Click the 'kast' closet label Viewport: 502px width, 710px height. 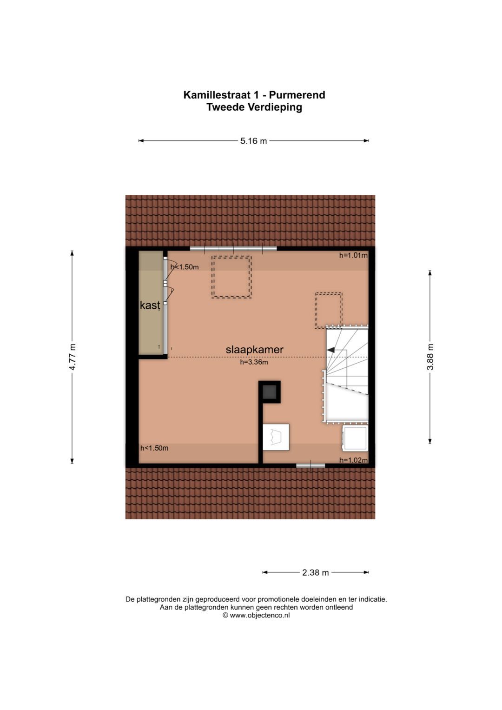coord(150,305)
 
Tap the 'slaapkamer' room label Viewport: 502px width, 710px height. coord(254,350)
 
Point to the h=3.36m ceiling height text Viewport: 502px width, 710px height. coord(254,362)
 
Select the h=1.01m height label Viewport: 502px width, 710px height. coord(353,255)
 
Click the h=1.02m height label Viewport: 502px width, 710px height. coord(353,460)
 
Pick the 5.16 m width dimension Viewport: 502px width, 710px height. coord(253,141)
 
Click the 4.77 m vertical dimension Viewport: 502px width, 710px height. coord(72,357)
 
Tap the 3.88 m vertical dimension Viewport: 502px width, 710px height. coord(430,357)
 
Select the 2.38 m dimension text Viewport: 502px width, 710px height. coord(315,572)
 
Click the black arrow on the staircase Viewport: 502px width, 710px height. coord(331,350)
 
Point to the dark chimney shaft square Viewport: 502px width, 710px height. coord(270,392)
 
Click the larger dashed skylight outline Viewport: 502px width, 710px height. coord(231,277)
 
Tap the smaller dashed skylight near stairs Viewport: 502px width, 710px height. coord(328,310)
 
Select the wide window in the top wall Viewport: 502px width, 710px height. coord(233,249)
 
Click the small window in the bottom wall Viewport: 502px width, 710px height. coord(310,465)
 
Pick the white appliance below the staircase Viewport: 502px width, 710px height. coord(355,438)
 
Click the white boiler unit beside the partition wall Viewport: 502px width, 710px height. coord(276,437)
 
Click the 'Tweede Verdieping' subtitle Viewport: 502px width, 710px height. coord(254,107)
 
